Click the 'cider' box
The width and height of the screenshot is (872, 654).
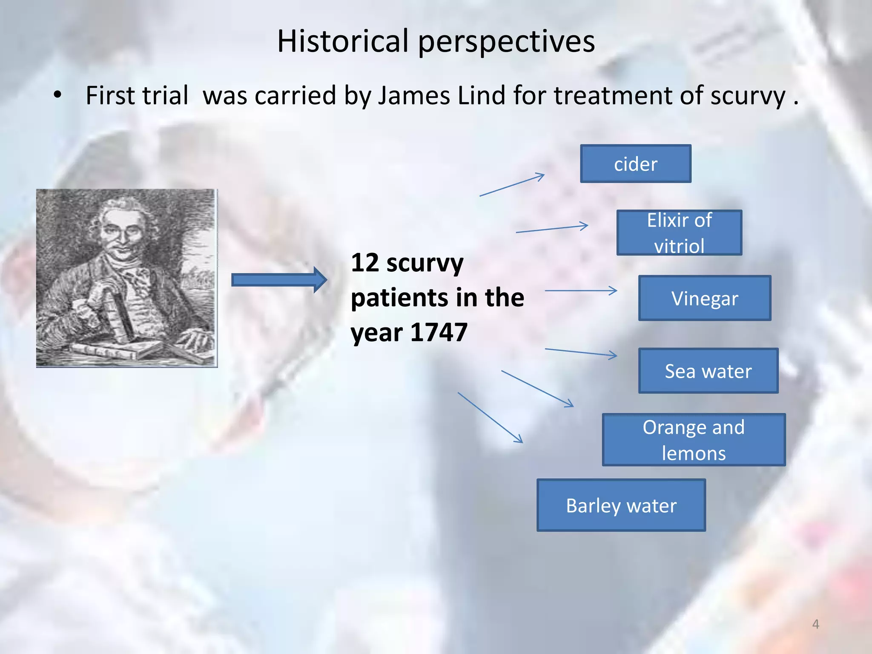635,164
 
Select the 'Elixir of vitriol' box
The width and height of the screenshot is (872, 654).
679,233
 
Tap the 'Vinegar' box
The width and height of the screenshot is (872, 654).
705,298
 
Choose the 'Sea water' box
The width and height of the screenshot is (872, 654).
708,371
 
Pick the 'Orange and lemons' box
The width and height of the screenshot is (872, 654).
694,440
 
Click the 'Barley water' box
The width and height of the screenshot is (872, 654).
621,505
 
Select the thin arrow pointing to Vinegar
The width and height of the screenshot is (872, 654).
581,291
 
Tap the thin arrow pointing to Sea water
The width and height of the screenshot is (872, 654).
581,352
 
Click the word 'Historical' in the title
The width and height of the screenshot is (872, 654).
343,41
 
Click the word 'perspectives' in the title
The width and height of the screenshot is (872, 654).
507,42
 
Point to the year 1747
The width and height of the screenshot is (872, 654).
439,332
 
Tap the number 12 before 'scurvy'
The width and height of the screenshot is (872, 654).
365,262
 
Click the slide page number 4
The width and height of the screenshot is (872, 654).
815,624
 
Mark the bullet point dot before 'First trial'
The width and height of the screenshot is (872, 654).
57,95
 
